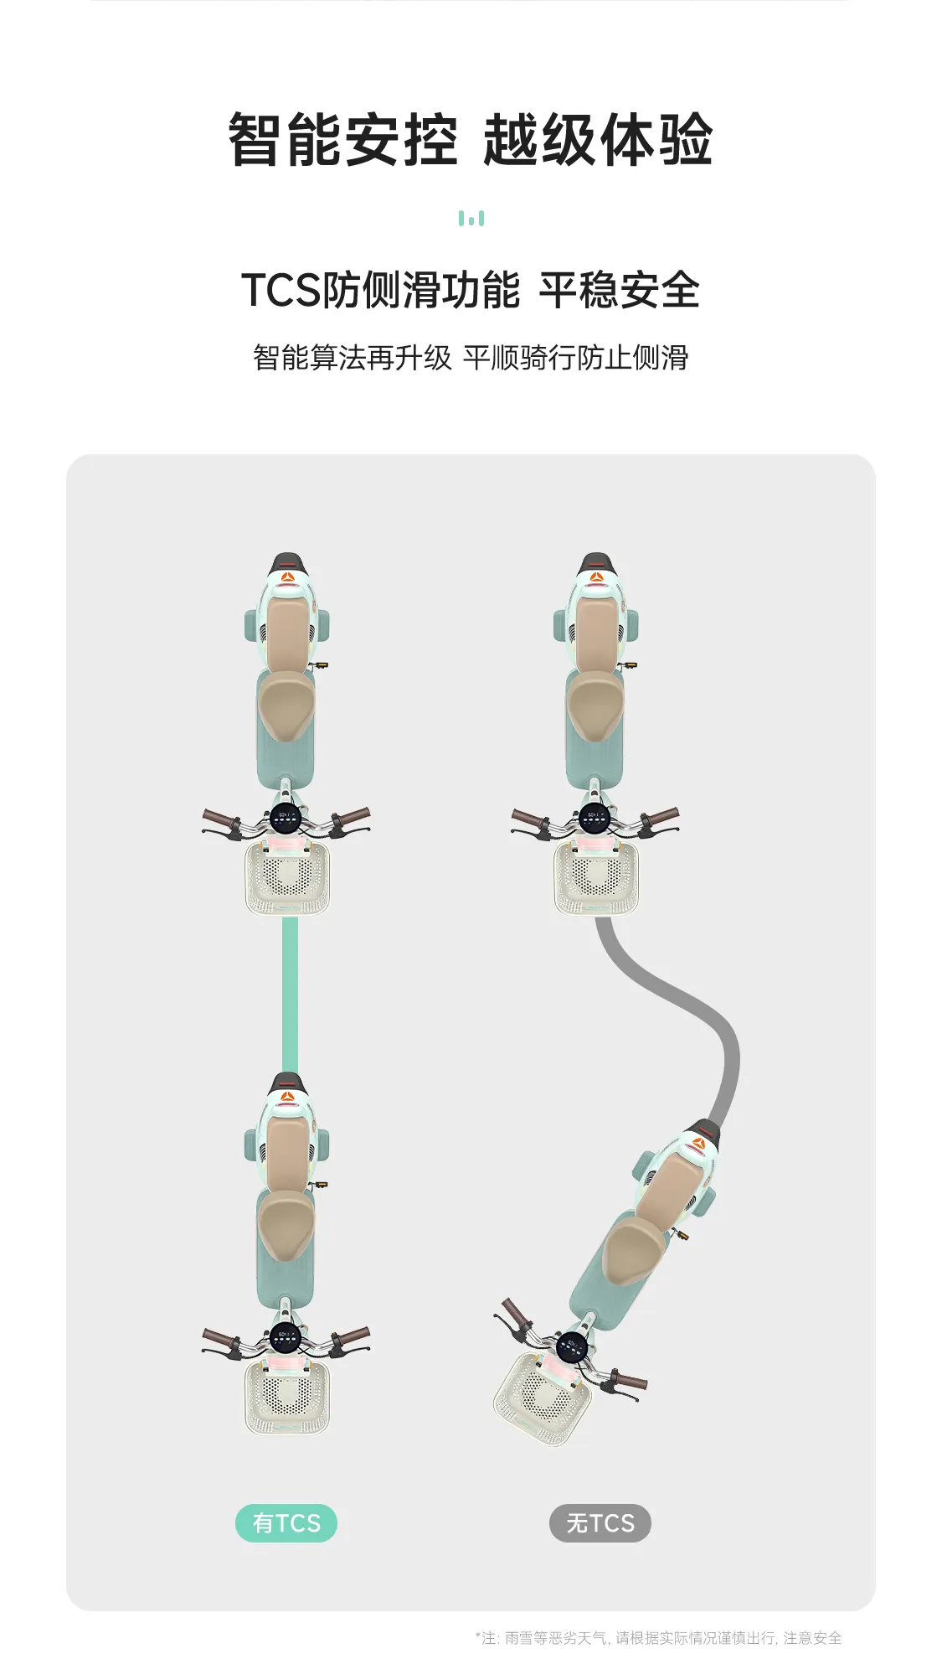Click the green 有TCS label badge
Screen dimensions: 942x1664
pos(286,1522)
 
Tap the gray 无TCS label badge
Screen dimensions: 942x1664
pos(600,1522)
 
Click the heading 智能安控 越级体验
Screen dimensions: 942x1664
pos(471,140)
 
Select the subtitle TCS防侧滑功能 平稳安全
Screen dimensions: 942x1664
pos(471,290)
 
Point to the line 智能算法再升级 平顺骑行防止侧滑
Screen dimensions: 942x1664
pos(471,358)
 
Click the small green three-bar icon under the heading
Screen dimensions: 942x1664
pos(471,219)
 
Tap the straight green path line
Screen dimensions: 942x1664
pos(290,995)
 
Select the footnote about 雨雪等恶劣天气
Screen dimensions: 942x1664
pos(658,1637)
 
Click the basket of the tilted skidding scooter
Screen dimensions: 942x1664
pos(542,1398)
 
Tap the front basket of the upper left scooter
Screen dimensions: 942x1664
pos(287,878)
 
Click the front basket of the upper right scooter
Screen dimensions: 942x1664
pos(596,878)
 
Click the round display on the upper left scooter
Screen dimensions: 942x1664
pos(286,817)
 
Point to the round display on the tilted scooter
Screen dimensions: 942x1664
pos(572,1347)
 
